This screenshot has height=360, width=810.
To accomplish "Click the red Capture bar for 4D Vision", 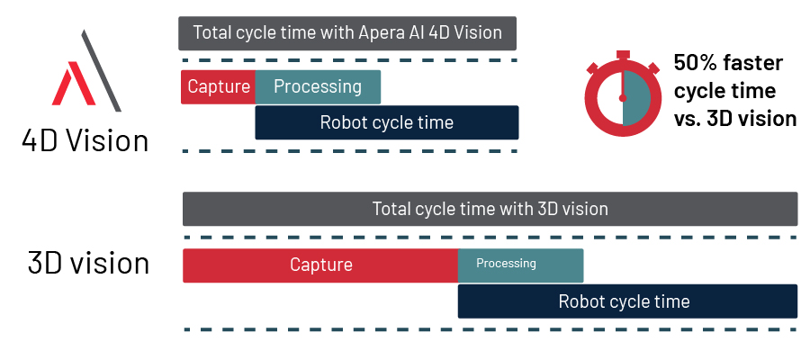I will coord(218,87).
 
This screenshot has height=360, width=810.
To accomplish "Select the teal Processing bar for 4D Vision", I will coord(318,87).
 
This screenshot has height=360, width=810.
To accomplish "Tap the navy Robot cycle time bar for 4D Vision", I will coord(387,122).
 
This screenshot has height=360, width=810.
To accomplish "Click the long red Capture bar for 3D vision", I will coord(320,265).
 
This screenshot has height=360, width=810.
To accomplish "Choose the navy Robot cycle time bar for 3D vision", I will coord(627,301).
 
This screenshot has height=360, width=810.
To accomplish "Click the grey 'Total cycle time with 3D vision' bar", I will coord(490,209).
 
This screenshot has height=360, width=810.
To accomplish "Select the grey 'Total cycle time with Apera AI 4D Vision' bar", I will coord(346,33).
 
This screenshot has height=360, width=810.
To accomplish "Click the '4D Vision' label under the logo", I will coord(86,141).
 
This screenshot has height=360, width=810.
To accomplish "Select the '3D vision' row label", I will coord(88,263).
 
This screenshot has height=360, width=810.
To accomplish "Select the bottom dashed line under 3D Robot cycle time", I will coord(490,330).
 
